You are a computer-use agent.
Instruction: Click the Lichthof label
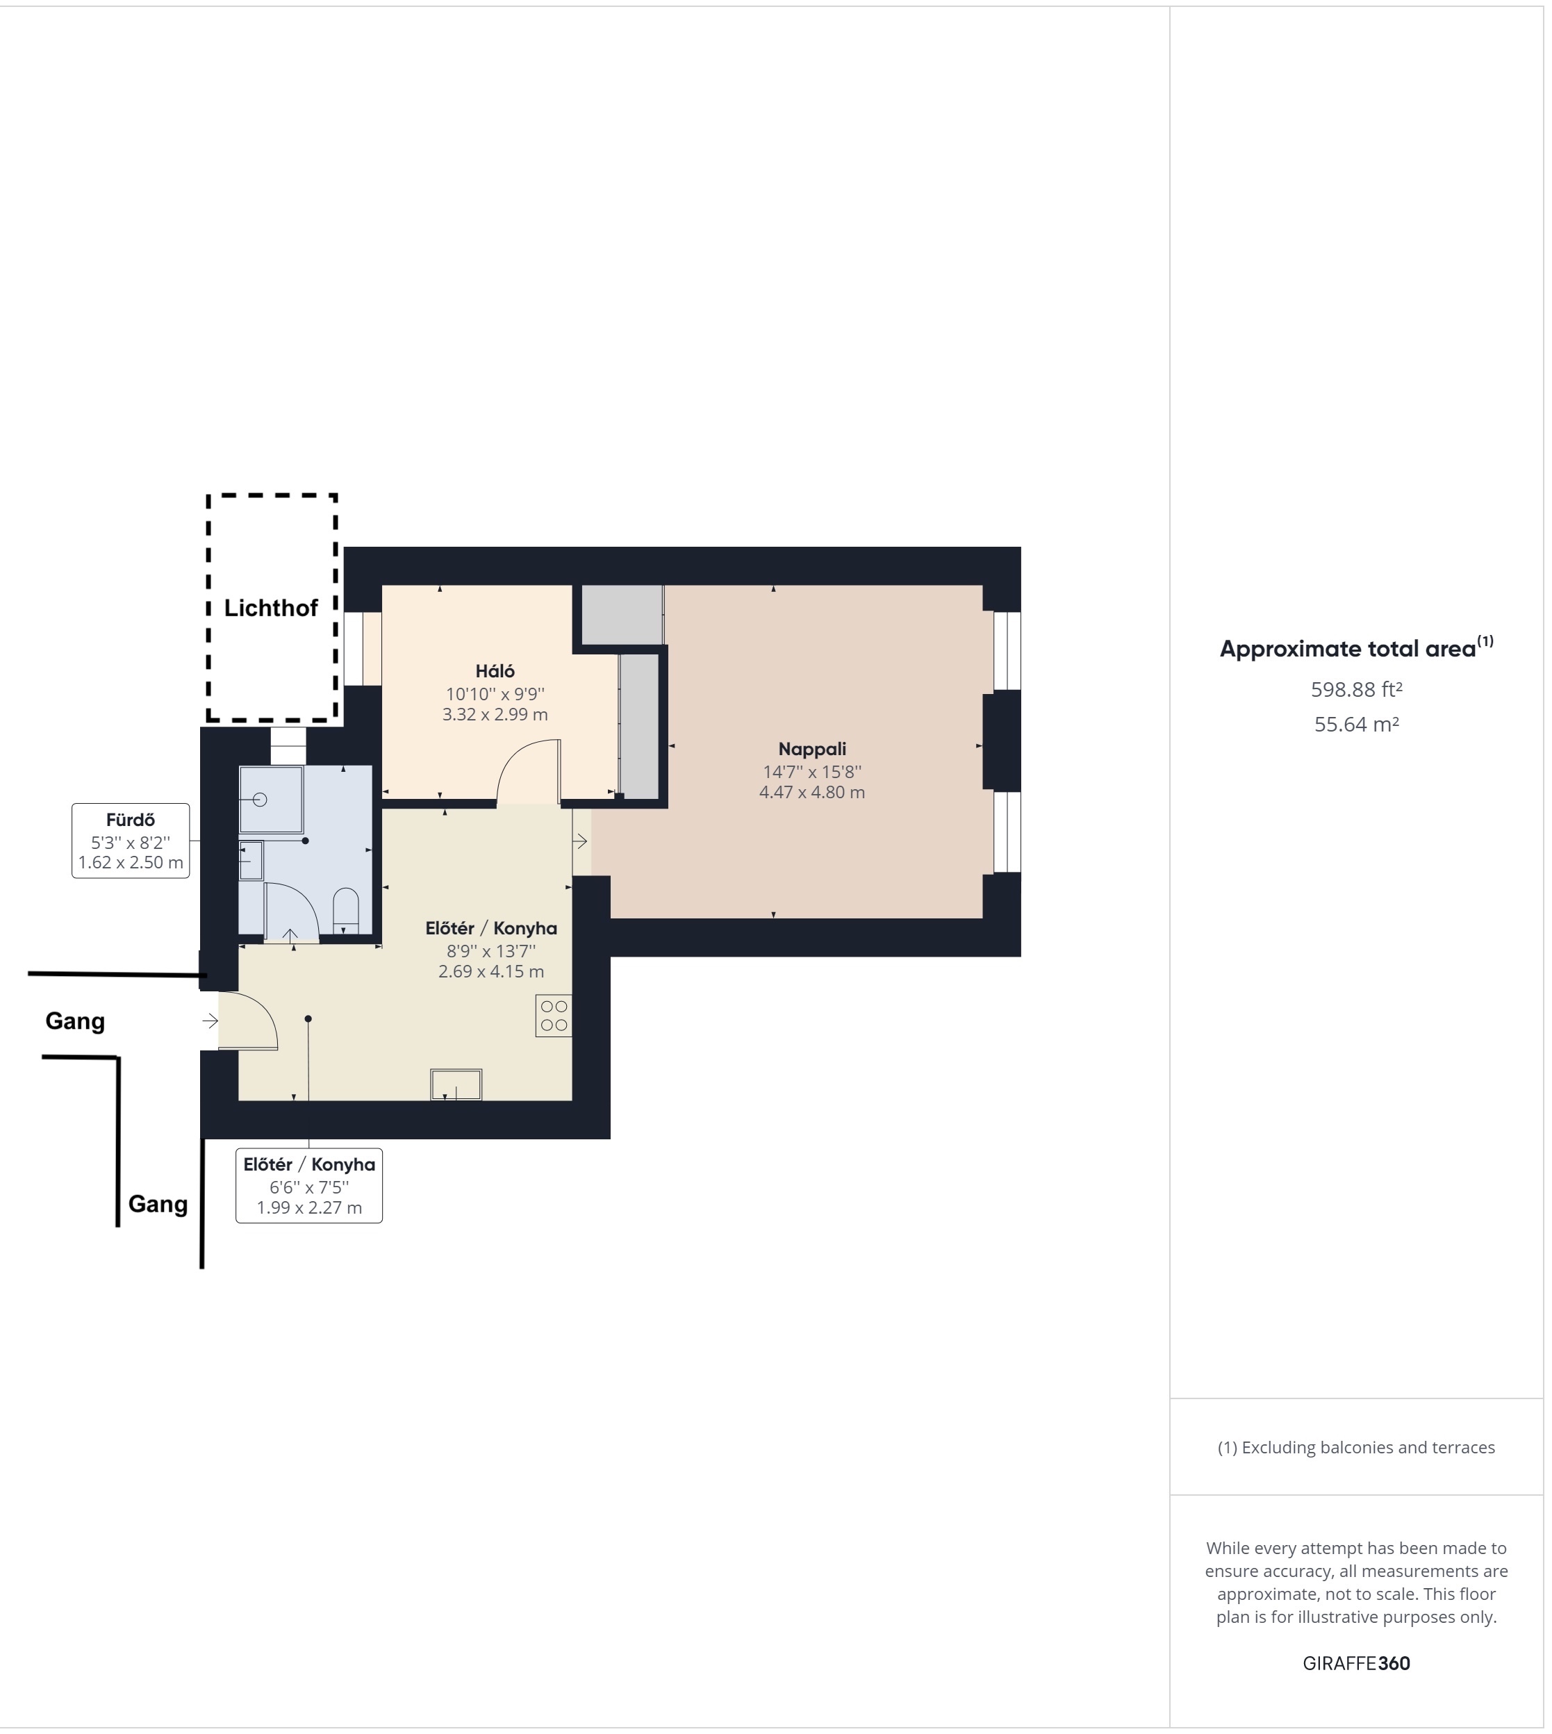(x=271, y=609)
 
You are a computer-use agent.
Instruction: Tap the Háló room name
(x=496, y=672)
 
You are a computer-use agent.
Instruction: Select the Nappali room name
(x=814, y=750)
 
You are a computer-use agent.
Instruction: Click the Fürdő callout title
(x=131, y=821)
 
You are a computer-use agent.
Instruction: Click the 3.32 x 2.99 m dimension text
(x=496, y=716)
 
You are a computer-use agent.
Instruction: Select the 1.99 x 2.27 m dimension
(x=311, y=1209)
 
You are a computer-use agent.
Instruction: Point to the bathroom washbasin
(x=251, y=863)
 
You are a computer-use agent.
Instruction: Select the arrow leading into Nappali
(x=581, y=844)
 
